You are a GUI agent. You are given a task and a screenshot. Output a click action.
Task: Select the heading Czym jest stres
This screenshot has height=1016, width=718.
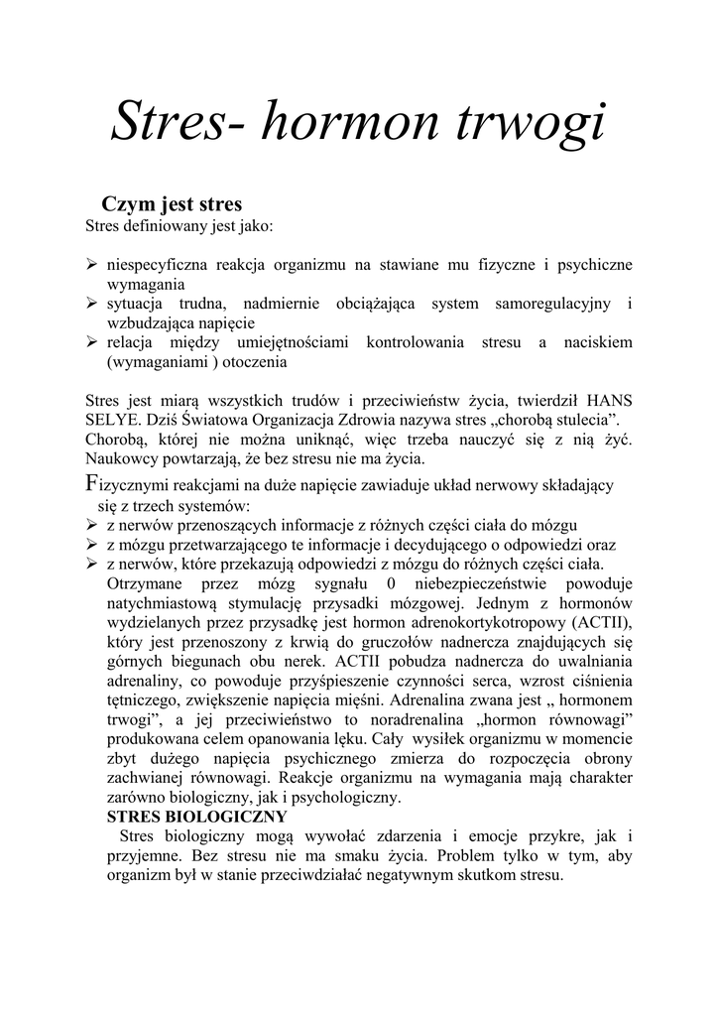[172, 204]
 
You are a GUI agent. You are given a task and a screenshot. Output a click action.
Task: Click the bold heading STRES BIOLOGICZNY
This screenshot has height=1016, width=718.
[196, 817]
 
